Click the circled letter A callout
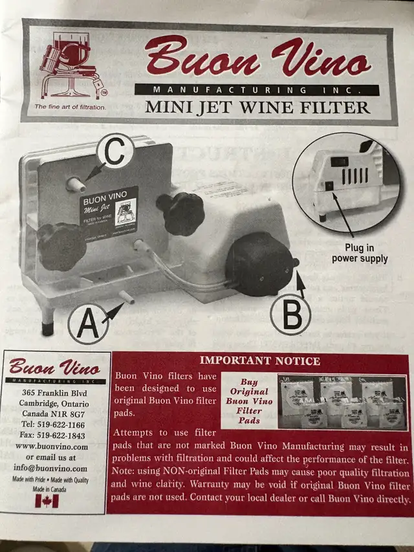(x=88, y=324)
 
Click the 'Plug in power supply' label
(x=359, y=253)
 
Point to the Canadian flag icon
(x=47, y=500)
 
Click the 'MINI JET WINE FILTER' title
(x=257, y=107)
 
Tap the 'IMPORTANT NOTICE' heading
(x=259, y=360)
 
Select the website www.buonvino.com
(x=52, y=446)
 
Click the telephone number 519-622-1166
(x=54, y=424)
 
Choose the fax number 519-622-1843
(x=54, y=435)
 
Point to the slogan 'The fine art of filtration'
(x=70, y=107)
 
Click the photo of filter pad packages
(x=341, y=401)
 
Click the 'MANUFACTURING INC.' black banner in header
(x=257, y=90)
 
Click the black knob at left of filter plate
(x=61, y=246)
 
